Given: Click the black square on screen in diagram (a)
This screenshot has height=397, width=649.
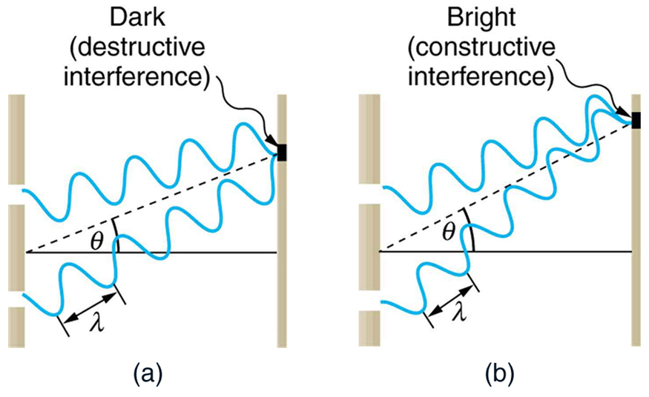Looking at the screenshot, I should (x=281, y=152).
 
